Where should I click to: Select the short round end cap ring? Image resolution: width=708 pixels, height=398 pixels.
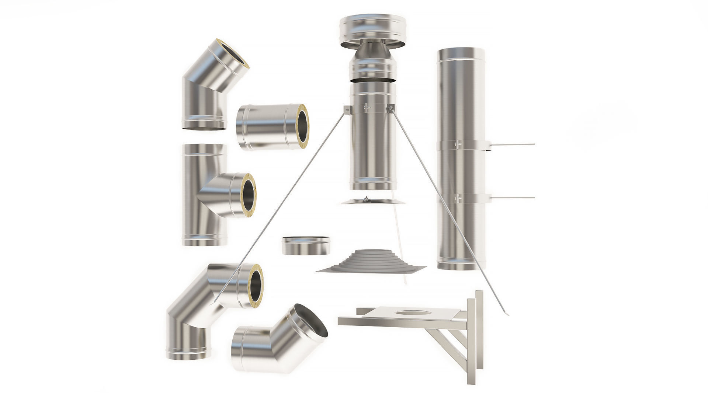[x=306, y=245]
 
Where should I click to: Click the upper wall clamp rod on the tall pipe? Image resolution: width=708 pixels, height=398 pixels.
[x=513, y=144]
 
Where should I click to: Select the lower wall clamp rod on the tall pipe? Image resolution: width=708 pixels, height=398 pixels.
[x=513, y=198]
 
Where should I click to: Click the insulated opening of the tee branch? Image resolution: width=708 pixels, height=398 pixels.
[x=248, y=195]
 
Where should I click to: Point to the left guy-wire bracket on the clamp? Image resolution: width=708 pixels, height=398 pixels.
[x=347, y=110]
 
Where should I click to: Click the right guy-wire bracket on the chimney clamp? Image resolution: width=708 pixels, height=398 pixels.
[x=391, y=108]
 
